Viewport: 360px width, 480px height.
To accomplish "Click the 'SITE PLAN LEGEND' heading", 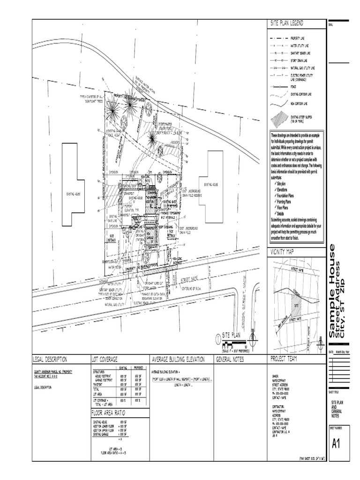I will pos(287,23).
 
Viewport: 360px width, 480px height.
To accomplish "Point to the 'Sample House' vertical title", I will pos(332,291).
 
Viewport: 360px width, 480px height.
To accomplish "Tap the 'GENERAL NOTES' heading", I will pos(230,360).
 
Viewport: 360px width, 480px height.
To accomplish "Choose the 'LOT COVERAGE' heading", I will pos(105,360).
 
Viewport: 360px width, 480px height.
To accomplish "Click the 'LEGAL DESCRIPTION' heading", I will pos(50,360).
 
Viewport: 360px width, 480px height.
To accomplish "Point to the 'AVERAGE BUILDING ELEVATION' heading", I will pos(179,360).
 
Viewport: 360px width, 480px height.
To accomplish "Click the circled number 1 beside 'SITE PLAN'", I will pos(217,337).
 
